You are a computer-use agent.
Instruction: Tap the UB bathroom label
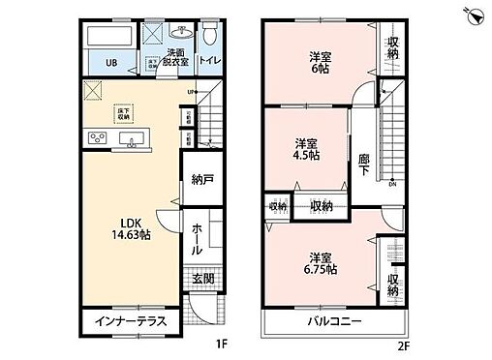click(111, 65)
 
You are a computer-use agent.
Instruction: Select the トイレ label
click(209, 59)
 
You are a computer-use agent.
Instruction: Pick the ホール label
click(198, 237)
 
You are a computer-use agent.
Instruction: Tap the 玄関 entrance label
click(202, 280)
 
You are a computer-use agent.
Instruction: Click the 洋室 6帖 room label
click(321, 61)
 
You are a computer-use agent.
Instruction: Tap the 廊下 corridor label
click(364, 165)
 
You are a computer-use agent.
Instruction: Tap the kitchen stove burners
click(96, 139)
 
